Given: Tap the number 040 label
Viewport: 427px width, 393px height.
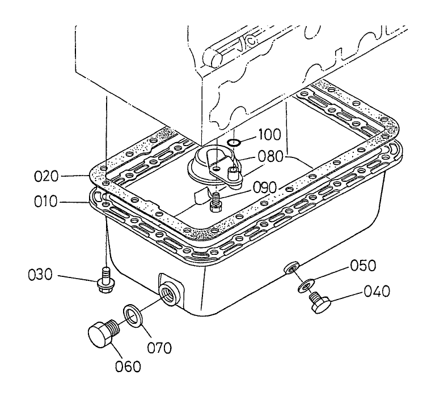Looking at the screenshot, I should point(377,292).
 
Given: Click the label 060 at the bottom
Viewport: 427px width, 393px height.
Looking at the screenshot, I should point(127,366).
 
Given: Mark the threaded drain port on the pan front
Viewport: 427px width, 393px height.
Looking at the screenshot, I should point(168,293).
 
